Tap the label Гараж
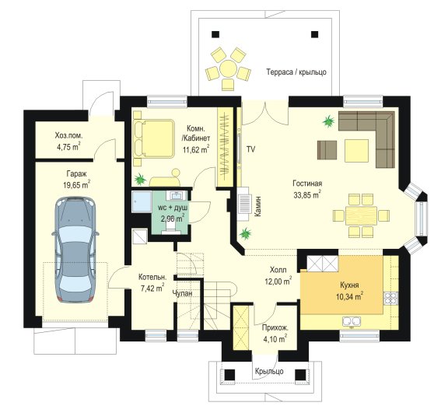click(76, 173)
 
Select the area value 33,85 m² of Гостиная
click(307, 194)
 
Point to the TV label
click(251, 149)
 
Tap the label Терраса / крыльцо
click(296, 72)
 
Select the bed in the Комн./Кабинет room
click(154, 138)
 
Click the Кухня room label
click(349, 285)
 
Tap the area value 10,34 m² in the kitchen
click(349, 296)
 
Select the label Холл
click(278, 270)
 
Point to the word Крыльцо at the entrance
click(269, 371)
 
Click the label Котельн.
click(152, 277)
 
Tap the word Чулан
click(182, 293)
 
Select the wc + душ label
click(173, 208)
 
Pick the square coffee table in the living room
click(356, 151)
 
